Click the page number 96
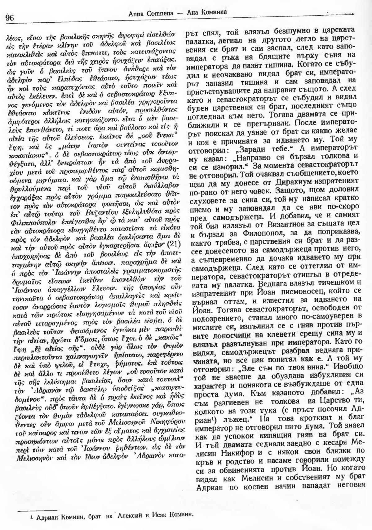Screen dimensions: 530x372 pos(10,17)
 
